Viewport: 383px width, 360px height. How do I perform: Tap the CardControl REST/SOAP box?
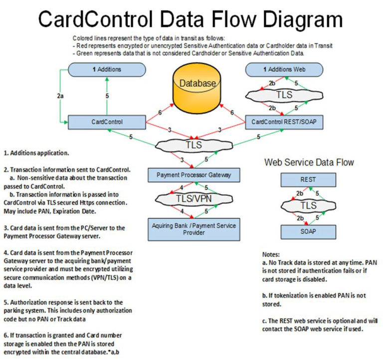pos(282,121)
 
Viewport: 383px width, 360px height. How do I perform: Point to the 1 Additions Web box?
pos(282,69)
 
